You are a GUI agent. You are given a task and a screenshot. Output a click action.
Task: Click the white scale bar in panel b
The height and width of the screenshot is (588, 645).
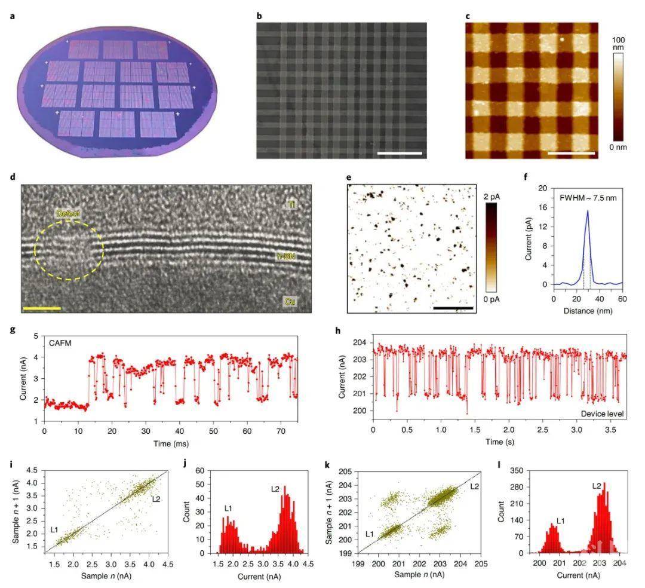400,154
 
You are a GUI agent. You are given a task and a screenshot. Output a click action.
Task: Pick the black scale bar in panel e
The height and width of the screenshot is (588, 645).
453,308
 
